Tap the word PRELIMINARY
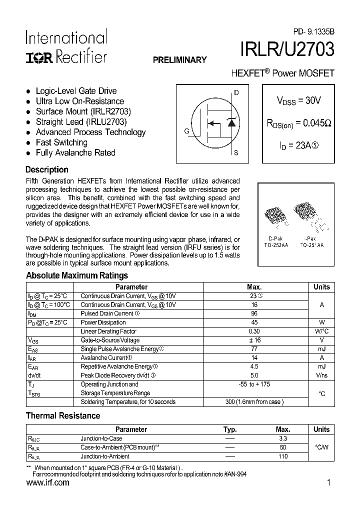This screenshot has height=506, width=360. (179, 60)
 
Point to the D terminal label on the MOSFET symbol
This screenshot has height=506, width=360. (236, 93)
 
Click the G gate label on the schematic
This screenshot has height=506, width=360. (186, 131)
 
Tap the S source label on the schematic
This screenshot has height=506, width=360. (236, 153)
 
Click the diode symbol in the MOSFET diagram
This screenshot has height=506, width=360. (231, 123)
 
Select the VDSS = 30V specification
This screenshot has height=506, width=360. (298, 100)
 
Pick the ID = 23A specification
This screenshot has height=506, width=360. (298, 146)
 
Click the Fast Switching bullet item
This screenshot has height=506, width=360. (61, 142)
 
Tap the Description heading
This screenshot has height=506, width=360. (47, 169)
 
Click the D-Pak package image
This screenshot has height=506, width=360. (275, 213)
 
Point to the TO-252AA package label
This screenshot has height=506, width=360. (276, 245)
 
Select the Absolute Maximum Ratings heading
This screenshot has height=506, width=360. (76, 275)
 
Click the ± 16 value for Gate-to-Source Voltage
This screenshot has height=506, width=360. (254, 340)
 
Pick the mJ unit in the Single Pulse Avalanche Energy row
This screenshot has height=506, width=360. (321, 349)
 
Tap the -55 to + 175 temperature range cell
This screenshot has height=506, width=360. (254, 384)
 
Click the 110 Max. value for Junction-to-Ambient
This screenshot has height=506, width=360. (282, 456)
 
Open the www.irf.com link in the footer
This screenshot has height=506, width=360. (47, 483)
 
